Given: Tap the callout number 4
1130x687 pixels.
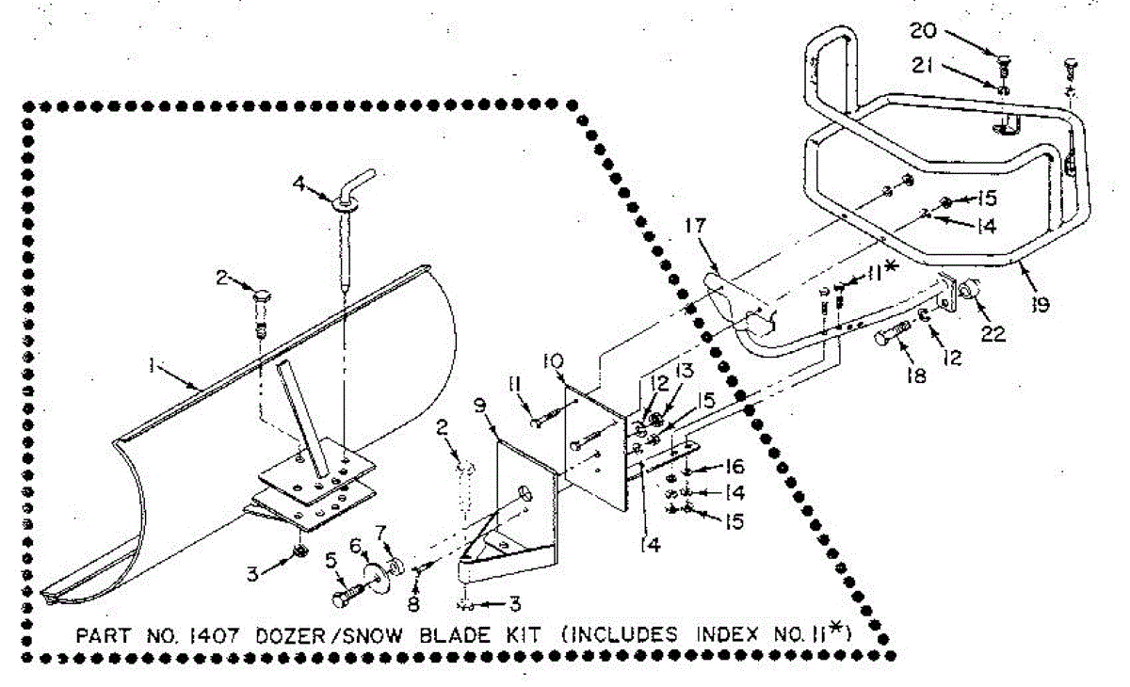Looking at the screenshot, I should click(x=299, y=184).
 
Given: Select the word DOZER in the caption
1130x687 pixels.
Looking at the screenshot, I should click(x=292, y=635).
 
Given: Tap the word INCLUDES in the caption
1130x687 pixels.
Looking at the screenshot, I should click(x=621, y=635).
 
